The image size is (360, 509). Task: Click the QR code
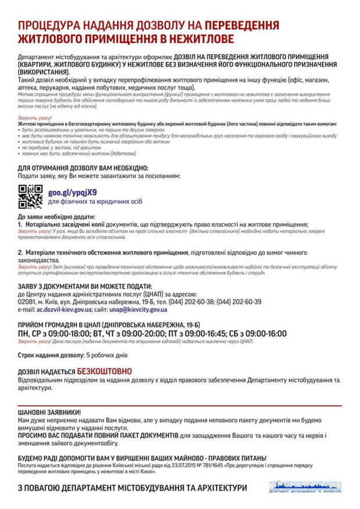(30, 196)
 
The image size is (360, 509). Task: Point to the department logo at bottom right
(306, 486)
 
